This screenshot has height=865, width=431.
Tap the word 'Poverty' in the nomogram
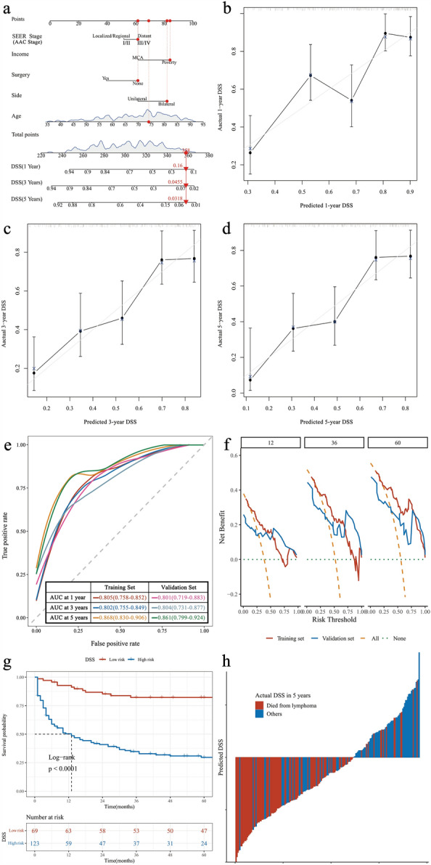169,62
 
